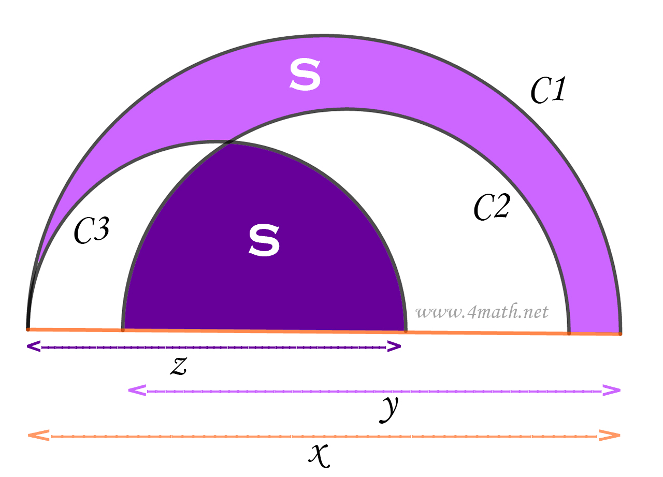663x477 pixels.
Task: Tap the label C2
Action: [493, 207]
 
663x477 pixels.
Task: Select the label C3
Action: [91, 230]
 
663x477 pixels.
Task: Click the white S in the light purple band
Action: [305, 75]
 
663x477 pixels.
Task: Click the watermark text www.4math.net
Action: [482, 312]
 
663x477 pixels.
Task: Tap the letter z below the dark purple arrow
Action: [178, 366]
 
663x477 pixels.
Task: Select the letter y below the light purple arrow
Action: [390, 409]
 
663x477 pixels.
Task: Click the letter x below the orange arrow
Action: [319, 454]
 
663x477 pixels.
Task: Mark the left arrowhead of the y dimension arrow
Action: [136, 391]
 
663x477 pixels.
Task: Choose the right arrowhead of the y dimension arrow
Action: [612, 391]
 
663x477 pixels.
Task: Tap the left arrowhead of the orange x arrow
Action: [38, 435]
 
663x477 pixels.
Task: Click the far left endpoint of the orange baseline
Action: [28, 328]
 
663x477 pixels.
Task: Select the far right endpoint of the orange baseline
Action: [620, 334]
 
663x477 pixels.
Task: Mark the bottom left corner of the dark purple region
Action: [123, 329]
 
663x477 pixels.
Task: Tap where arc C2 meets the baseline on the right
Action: [569, 333]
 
